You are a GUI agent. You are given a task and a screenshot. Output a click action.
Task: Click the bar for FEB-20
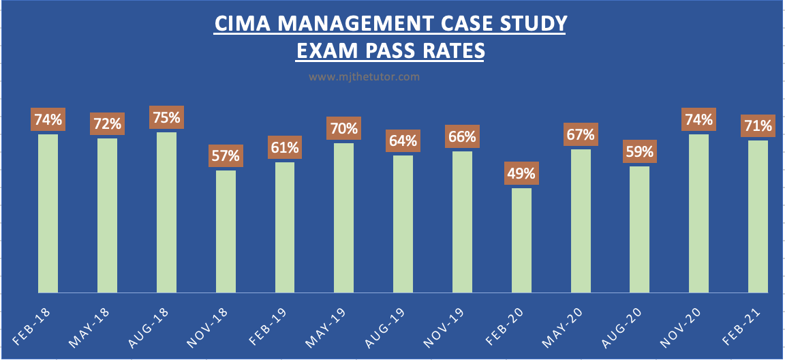[521, 240]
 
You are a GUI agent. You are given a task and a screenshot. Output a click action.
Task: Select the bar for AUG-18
[166, 212]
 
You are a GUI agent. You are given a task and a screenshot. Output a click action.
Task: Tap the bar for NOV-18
[226, 231]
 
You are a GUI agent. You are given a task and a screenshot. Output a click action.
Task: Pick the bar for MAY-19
[344, 217]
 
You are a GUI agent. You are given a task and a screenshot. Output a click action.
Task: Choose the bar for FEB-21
[758, 216]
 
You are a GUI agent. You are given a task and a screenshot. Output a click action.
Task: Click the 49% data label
[521, 173]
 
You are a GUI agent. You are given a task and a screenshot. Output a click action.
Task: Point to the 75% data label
[166, 117]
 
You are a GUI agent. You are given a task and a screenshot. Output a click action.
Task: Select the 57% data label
[226, 155]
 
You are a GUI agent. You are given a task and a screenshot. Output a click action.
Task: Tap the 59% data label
[640, 151]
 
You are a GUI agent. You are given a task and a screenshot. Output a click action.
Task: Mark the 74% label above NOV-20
[699, 120]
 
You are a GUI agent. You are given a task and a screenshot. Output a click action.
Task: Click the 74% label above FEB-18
[48, 120]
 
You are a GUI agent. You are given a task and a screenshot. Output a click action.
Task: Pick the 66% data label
[462, 136]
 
